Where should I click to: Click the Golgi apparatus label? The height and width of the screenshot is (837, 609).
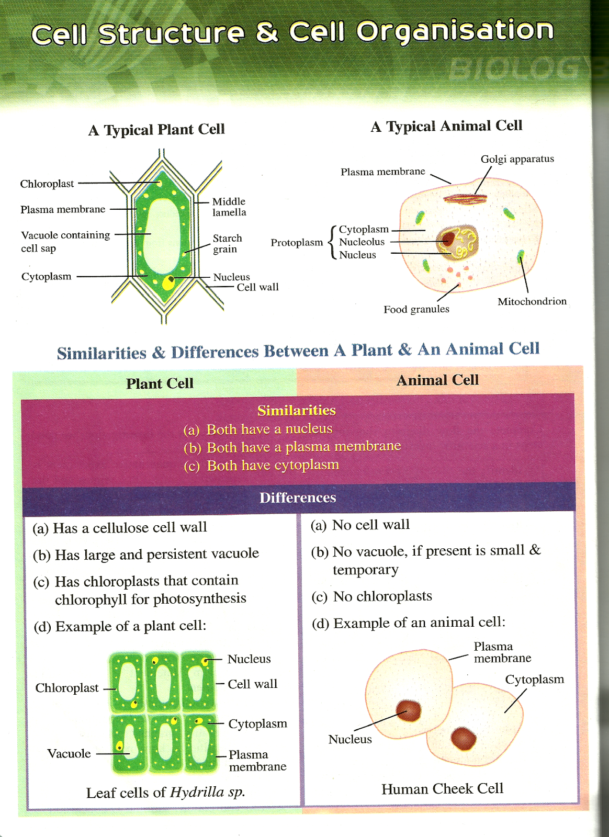[517, 159]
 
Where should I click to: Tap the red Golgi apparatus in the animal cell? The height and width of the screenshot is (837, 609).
[465, 198]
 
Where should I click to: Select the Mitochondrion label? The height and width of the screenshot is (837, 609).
[532, 301]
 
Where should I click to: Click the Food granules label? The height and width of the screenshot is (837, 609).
[416, 309]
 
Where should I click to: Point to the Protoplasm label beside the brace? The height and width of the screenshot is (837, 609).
[297, 243]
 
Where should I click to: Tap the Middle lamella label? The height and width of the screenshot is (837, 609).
[229, 207]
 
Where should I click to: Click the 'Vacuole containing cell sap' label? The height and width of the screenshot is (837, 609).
[65, 241]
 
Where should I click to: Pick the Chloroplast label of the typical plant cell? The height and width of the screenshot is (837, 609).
[47, 184]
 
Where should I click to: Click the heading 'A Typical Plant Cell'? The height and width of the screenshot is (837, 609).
[156, 129]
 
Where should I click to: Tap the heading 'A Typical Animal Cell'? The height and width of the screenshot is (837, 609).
[446, 126]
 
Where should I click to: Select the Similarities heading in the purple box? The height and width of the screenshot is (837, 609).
[296, 410]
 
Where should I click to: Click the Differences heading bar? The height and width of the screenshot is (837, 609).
[298, 497]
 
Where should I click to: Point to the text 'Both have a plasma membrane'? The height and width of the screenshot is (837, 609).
[303, 447]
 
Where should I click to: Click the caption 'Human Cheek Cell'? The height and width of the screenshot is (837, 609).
[442, 789]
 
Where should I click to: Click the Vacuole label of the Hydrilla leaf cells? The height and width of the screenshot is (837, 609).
[69, 753]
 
